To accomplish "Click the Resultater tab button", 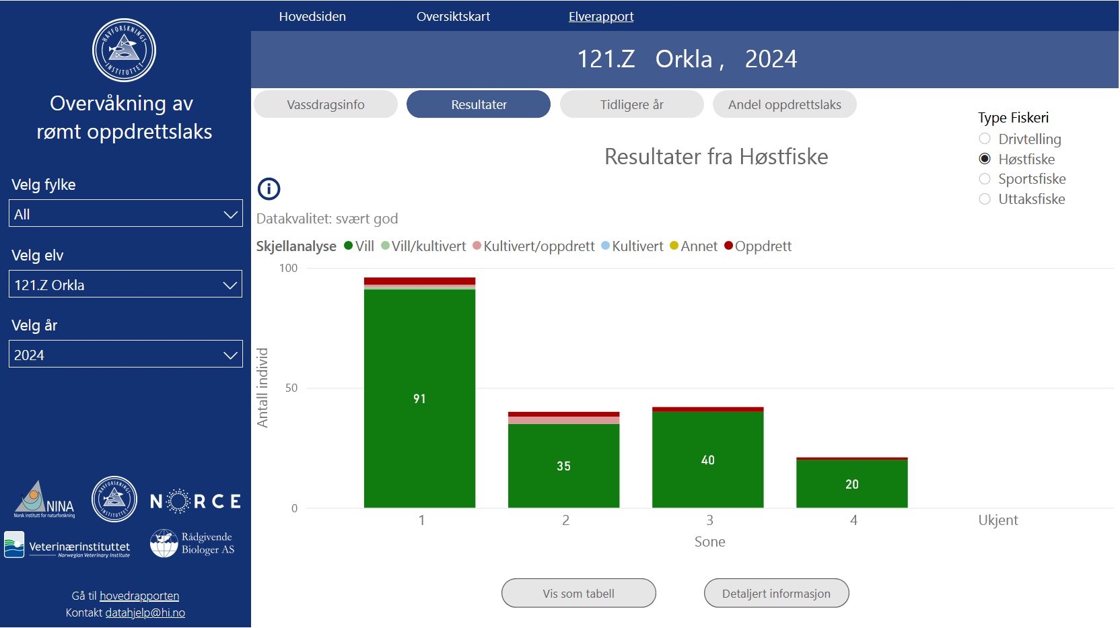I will pos(479,104).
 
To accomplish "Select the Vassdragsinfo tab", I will pos(326,104).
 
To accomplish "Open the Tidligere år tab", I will pos(631,104).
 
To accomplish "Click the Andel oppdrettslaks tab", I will pos(784,104).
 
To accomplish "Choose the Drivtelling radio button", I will pos(985,139).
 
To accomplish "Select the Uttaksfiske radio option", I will pos(985,199).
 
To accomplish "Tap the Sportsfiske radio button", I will pos(985,179).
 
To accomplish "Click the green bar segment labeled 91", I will pos(419,398).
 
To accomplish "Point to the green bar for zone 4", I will pos(851,483).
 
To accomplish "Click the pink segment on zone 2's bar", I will pos(563,420).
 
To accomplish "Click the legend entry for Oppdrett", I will pos(758,246).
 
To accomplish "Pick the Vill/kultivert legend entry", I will pos(423,246).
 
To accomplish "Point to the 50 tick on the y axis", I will pos(291,388).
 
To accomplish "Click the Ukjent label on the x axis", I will pos(998,520).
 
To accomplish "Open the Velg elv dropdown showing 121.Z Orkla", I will pos(125,285).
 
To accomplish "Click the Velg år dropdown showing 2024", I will pos(125,355).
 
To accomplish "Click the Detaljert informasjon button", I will pos(776,594).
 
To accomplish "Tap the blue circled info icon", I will pos(269,188).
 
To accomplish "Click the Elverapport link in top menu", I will pos(601,16).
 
